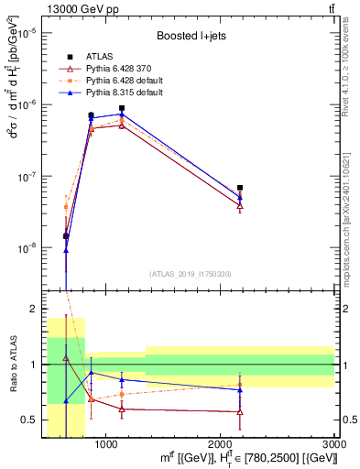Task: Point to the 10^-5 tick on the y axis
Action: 27,33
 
